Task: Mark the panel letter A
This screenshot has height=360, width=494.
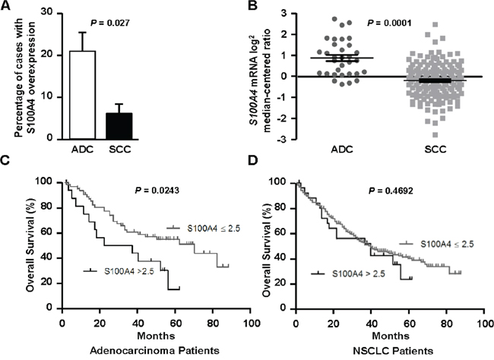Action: [6, 7]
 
